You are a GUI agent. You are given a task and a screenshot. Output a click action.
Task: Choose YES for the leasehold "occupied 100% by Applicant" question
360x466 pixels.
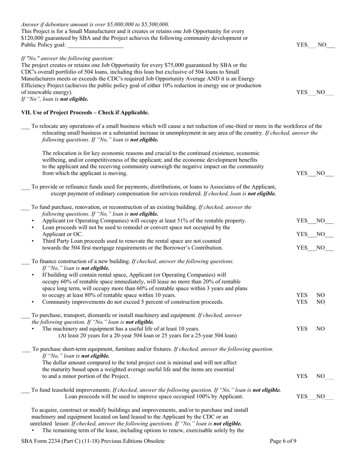(x=302, y=397)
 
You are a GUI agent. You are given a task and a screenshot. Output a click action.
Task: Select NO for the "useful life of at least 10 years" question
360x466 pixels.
(x=321, y=329)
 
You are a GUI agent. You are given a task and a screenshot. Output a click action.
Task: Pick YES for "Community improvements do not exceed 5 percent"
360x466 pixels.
(x=302, y=302)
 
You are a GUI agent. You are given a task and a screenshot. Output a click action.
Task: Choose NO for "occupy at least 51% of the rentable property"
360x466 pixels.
(x=321, y=220)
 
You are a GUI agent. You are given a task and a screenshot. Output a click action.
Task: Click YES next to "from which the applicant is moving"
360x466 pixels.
(x=302, y=173)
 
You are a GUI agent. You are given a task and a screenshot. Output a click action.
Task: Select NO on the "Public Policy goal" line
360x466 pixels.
(x=322, y=45)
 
